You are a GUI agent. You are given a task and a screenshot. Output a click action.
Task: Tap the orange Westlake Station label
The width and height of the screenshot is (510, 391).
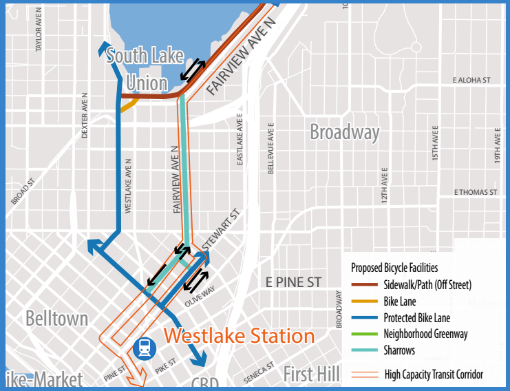(240, 337)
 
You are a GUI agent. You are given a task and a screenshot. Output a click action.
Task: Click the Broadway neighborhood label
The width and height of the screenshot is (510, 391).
(344, 132)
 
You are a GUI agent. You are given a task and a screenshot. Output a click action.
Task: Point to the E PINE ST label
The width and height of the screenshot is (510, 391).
(293, 282)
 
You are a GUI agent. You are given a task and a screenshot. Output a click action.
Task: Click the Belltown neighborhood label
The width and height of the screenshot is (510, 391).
(57, 319)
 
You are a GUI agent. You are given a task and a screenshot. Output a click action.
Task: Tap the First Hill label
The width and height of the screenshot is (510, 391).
(311, 374)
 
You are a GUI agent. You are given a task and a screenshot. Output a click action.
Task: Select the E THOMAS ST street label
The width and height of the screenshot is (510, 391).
(475, 192)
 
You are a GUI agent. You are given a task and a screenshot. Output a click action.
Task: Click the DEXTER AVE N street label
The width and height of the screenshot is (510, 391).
(85, 116)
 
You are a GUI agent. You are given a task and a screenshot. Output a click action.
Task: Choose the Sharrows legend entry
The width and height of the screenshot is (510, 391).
(399, 350)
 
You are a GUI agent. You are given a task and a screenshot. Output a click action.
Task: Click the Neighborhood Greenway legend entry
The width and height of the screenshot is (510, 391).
(426, 334)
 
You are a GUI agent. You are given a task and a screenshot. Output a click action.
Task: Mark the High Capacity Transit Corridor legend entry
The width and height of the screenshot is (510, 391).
(434, 374)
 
